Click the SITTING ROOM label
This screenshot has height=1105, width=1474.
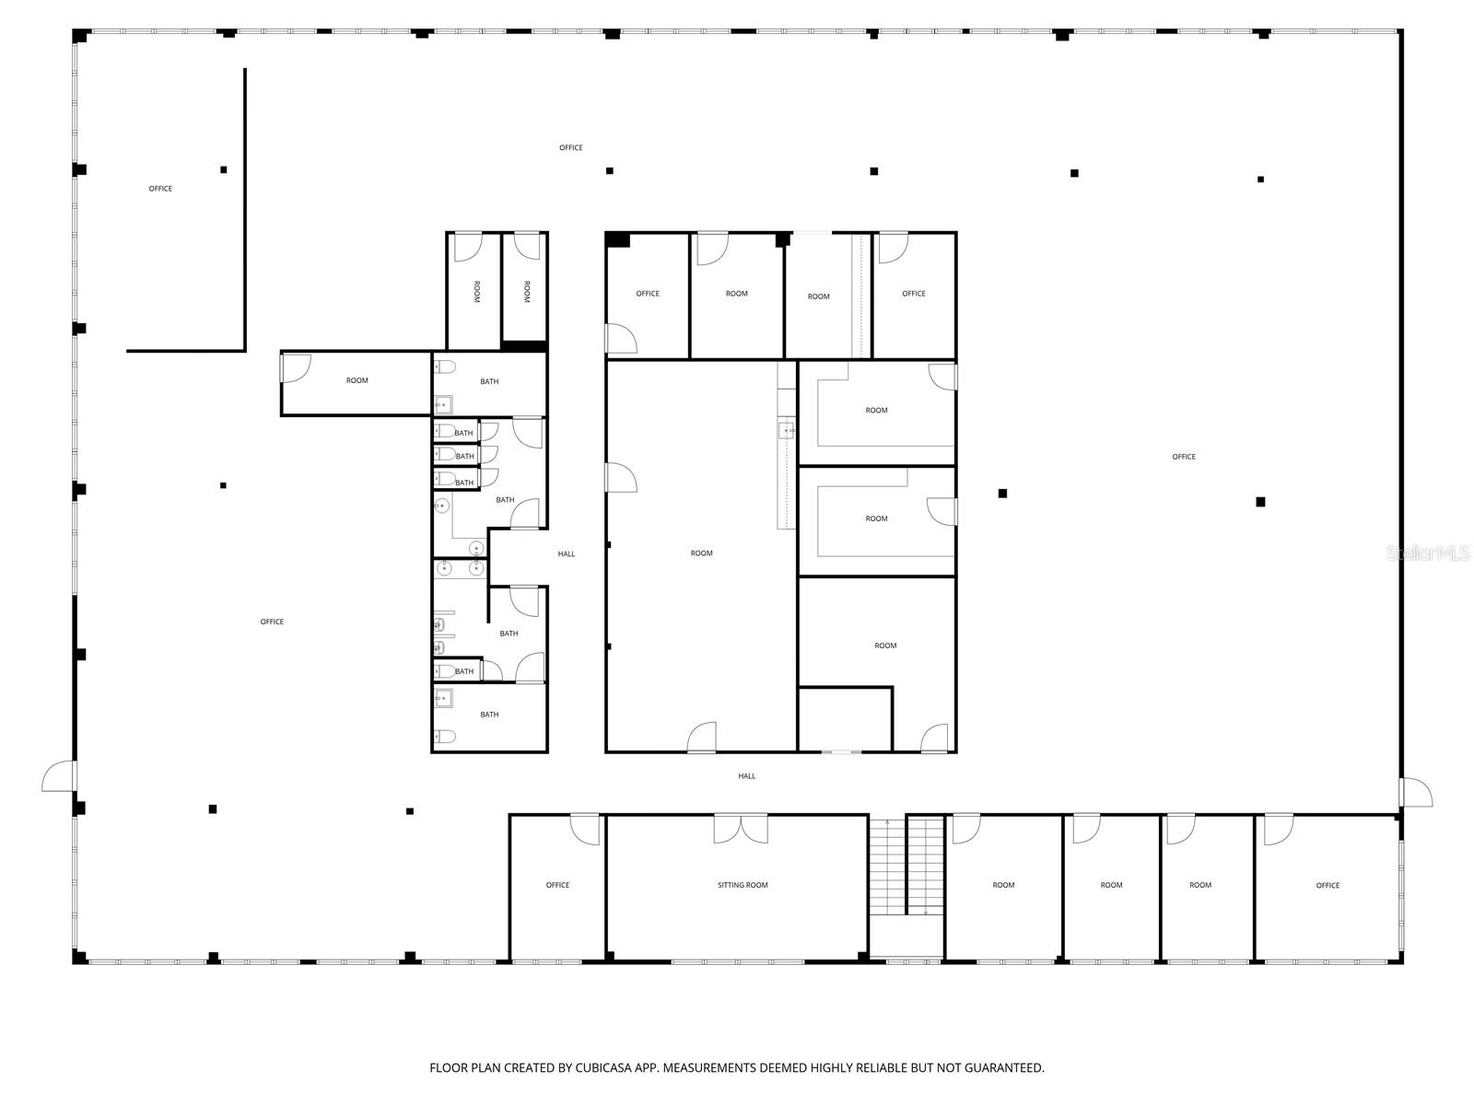click(743, 885)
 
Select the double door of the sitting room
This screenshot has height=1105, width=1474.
click(741, 829)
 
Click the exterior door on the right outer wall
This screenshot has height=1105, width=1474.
click(1416, 792)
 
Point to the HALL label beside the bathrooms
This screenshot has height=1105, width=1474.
click(566, 553)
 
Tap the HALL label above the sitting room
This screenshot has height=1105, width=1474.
click(746, 776)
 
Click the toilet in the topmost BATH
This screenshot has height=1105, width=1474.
click(446, 366)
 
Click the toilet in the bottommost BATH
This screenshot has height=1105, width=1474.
click(444, 736)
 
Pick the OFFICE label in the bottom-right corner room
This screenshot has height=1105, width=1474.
click(1328, 885)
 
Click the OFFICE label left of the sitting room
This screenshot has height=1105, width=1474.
click(557, 885)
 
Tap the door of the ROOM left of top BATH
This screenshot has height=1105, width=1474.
click(296, 368)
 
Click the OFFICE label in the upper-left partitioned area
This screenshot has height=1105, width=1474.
click(160, 189)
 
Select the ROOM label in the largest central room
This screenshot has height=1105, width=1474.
click(701, 553)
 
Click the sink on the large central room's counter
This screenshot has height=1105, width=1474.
click(786, 430)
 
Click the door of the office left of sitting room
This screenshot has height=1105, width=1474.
click(584, 829)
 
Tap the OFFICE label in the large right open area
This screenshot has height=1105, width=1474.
click(1183, 457)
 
